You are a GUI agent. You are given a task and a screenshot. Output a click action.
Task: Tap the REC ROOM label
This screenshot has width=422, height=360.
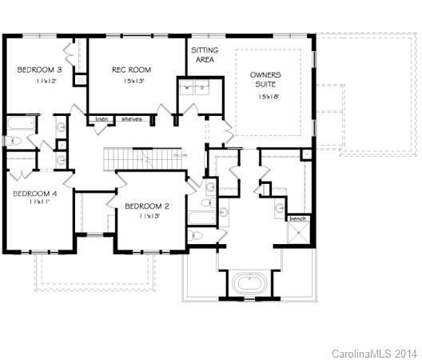pos(131,70)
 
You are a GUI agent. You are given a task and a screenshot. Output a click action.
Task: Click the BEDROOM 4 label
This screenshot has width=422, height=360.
pos(34,193)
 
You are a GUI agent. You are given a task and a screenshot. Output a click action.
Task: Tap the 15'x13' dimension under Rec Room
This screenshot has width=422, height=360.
pos(131,81)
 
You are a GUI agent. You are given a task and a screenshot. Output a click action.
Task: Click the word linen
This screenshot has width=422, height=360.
pos(101,119)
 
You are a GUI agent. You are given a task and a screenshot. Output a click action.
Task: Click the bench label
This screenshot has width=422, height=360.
pos(297,218)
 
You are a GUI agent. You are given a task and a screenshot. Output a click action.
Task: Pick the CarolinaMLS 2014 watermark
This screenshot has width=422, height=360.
pos(374,352)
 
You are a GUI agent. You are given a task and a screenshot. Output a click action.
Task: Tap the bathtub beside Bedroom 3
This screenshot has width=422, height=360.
pos(19,126)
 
